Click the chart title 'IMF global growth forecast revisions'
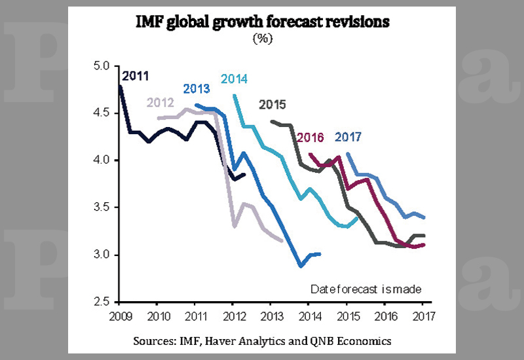pyautogui.click(x=262, y=22)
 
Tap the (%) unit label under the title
pyautogui.click(x=262, y=38)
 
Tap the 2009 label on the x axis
pyautogui.click(x=119, y=317)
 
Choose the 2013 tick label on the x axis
pyautogui.click(x=271, y=317)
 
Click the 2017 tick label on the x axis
pyautogui.click(x=422, y=317)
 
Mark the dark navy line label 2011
pyautogui.click(x=136, y=75)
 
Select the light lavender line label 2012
pyautogui.click(x=160, y=102)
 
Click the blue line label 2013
pyautogui.click(x=196, y=88)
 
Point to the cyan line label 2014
pyautogui.click(x=234, y=79)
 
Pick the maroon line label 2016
pyautogui.click(x=310, y=137)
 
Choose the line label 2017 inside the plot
pyautogui.click(x=348, y=137)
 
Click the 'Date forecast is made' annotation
pyautogui.click(x=365, y=289)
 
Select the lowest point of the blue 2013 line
pyautogui.click(x=301, y=266)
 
